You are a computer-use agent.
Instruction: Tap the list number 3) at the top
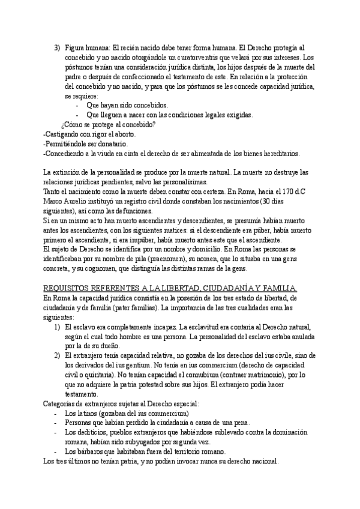(57, 47)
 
